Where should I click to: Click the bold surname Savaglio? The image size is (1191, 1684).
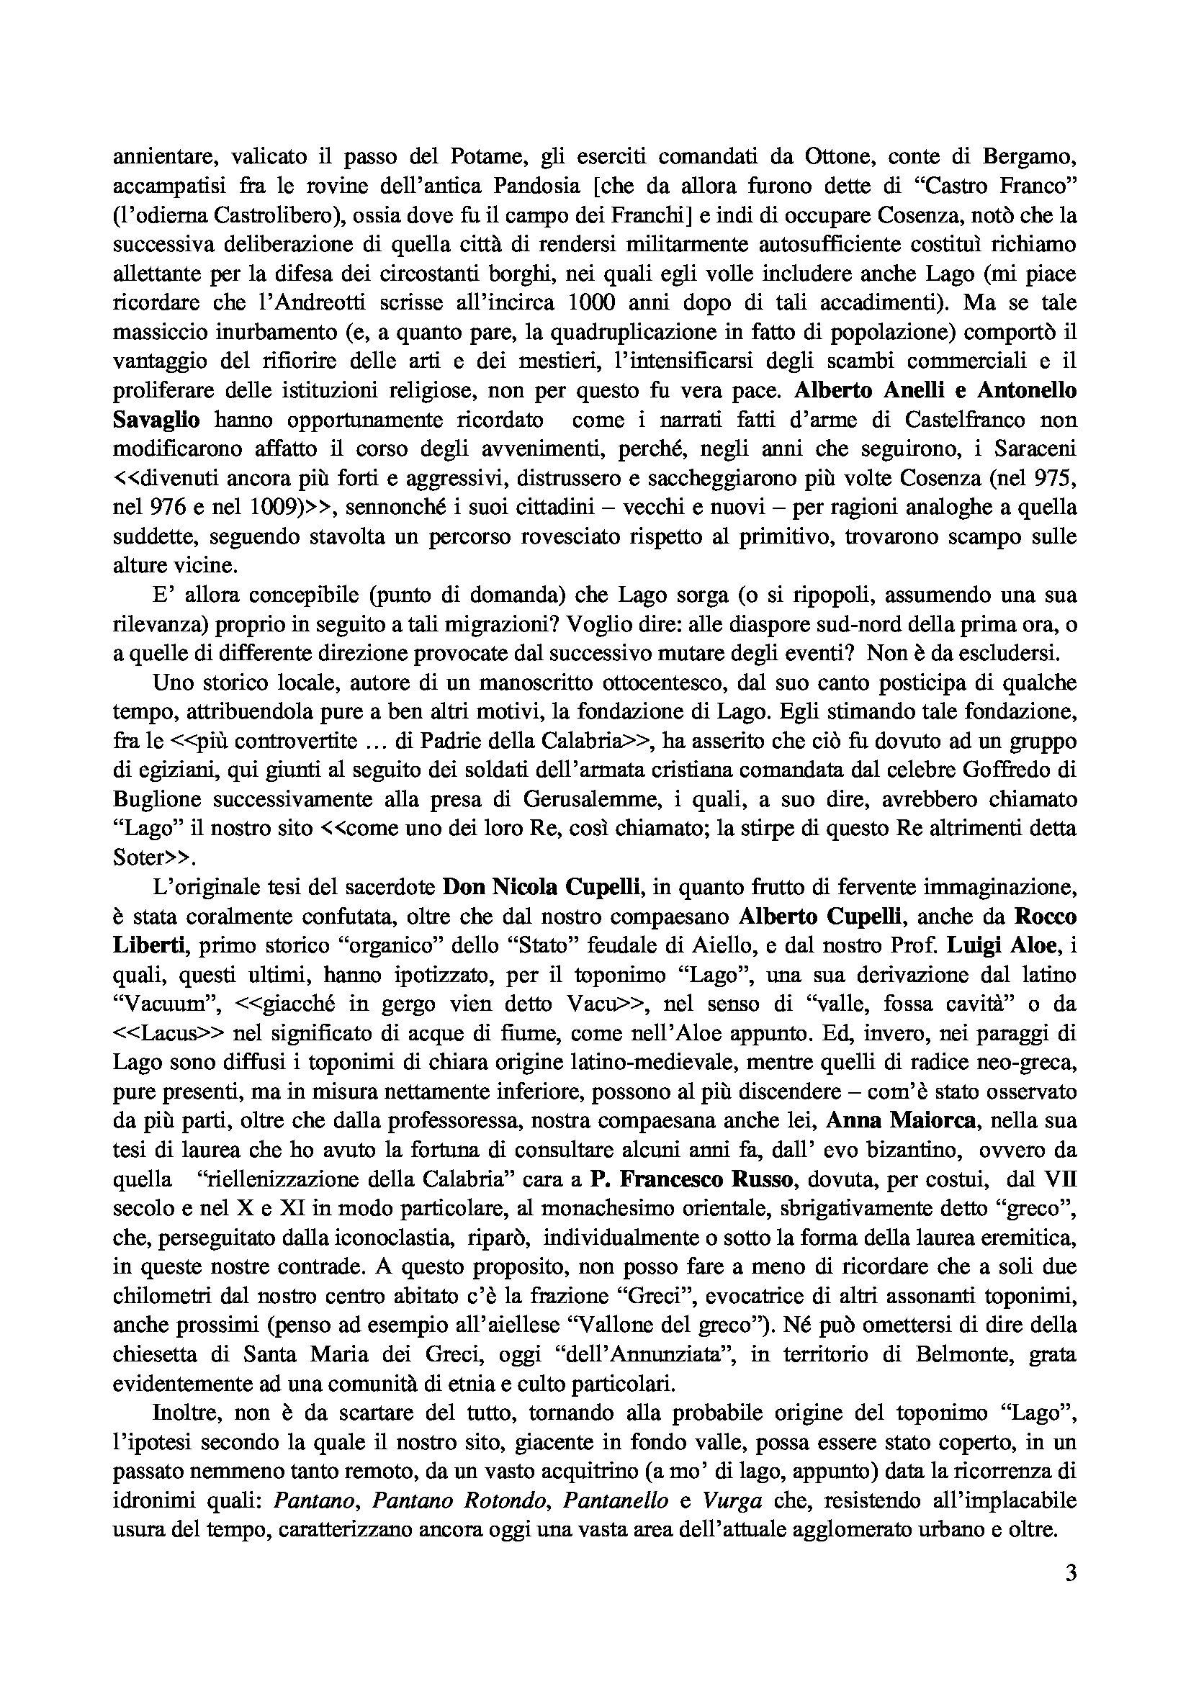click(x=156, y=420)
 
